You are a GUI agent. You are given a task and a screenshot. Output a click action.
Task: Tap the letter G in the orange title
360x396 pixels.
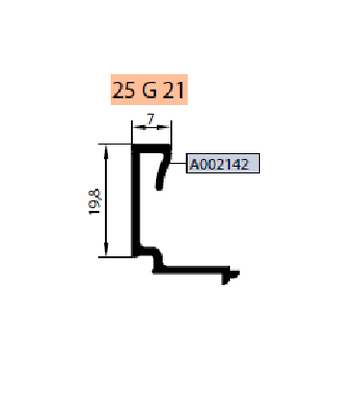(149, 90)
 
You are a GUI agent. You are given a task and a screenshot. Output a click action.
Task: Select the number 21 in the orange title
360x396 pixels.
(173, 90)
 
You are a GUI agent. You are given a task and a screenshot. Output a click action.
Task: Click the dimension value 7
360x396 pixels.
(150, 119)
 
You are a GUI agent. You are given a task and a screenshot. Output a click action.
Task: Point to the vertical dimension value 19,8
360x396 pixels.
(94, 202)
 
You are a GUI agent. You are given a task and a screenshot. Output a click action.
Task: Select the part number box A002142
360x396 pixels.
(222, 164)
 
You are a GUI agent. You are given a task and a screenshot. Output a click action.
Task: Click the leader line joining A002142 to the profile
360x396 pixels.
(178, 163)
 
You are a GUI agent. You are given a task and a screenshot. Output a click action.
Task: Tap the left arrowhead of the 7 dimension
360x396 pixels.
(139, 127)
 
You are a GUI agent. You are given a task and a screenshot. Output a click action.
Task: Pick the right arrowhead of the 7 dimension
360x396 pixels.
(164, 127)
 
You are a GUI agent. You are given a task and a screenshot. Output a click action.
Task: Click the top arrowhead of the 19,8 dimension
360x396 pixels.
(106, 151)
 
